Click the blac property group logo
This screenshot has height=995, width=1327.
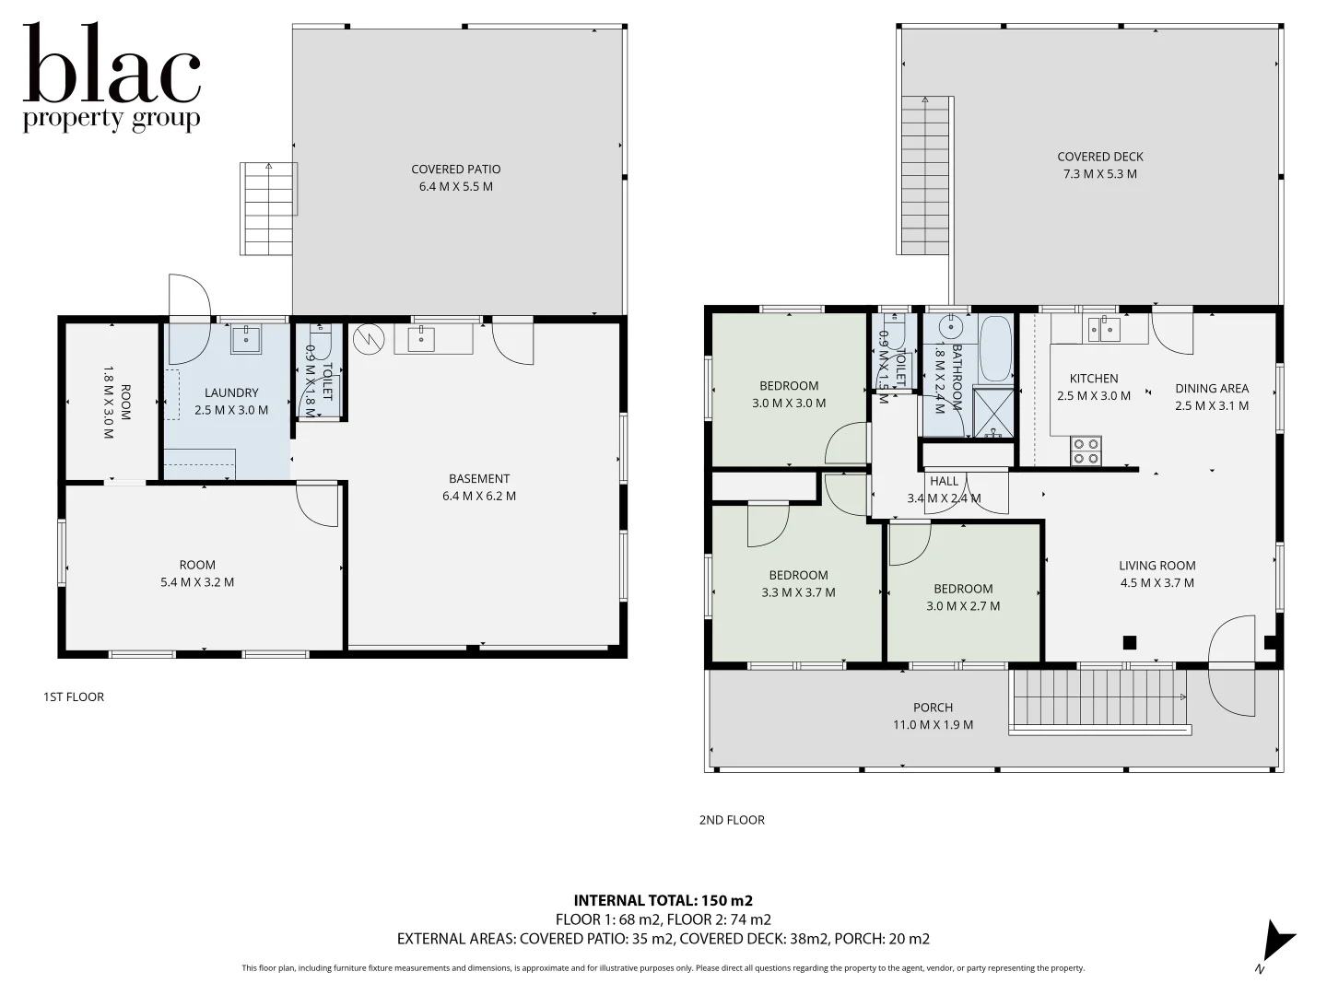pos(112,78)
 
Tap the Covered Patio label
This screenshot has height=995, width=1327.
pos(455,178)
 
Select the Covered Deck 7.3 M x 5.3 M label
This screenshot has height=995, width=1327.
pos(1099,165)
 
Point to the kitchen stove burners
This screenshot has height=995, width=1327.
pos(1086,451)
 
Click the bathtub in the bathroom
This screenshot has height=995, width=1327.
pos(995,348)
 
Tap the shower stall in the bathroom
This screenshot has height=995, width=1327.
pos(992,412)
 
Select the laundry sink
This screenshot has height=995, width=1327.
pos(246,339)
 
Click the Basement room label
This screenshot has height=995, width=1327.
pos(478,487)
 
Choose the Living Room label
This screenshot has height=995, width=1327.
pos(1157,574)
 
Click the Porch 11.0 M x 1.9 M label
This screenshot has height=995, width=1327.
pos(933,716)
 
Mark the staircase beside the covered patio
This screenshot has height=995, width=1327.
pos(268,208)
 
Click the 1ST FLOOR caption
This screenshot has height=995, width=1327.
pos(74,696)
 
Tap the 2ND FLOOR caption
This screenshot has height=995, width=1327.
pos(732,820)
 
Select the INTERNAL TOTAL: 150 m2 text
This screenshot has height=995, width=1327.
pos(663,900)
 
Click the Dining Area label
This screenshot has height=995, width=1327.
pos(1211,397)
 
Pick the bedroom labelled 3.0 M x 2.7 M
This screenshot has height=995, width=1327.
pos(962,597)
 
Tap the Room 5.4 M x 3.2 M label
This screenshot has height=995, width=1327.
pos(197,573)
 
